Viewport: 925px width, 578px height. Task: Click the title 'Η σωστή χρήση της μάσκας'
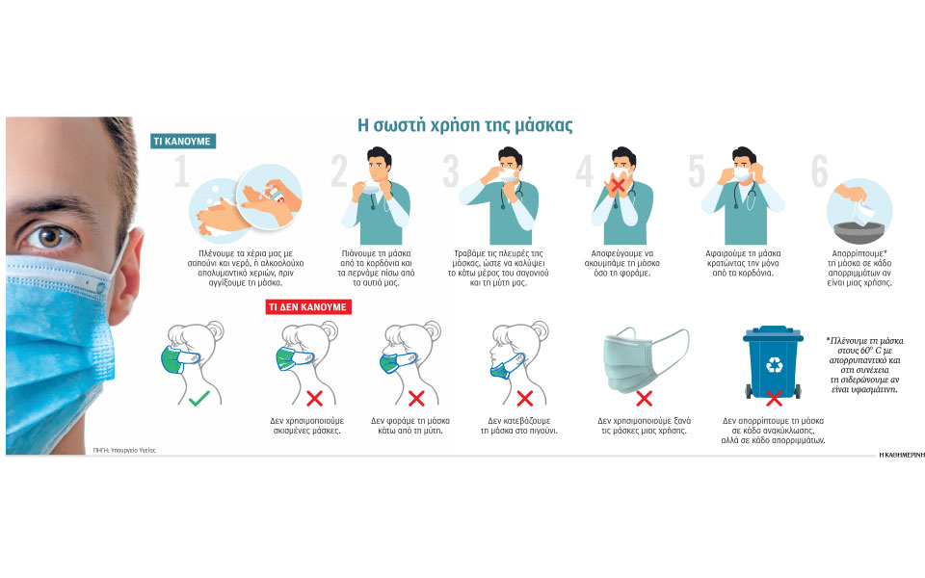coord(464,125)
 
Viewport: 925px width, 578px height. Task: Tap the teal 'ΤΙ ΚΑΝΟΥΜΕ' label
coord(183,142)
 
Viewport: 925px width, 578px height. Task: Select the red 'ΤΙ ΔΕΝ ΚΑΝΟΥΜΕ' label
coord(308,306)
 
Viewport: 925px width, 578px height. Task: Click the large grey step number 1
coord(182,171)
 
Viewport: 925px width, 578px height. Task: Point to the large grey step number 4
coord(584,171)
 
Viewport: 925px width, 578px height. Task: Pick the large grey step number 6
coord(819,171)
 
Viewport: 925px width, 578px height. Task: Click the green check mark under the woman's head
coord(198,399)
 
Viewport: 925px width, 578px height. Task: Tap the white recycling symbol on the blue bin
coord(774,365)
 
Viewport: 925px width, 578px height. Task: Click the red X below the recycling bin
coord(774,399)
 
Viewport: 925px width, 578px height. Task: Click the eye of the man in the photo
coord(49,237)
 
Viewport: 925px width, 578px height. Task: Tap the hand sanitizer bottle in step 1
coord(277,194)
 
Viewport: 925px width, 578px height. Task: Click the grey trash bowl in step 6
coord(859,232)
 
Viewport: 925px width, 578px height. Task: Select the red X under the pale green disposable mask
coord(645,399)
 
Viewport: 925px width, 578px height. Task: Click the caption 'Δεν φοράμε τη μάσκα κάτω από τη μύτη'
coord(410,426)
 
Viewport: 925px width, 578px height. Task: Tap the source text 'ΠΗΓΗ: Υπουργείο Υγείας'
coord(124,450)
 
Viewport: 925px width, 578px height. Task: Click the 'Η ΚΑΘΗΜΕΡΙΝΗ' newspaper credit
coord(902,455)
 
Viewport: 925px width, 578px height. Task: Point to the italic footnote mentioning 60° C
coord(864,365)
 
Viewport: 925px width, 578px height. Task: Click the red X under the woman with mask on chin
coord(524,399)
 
